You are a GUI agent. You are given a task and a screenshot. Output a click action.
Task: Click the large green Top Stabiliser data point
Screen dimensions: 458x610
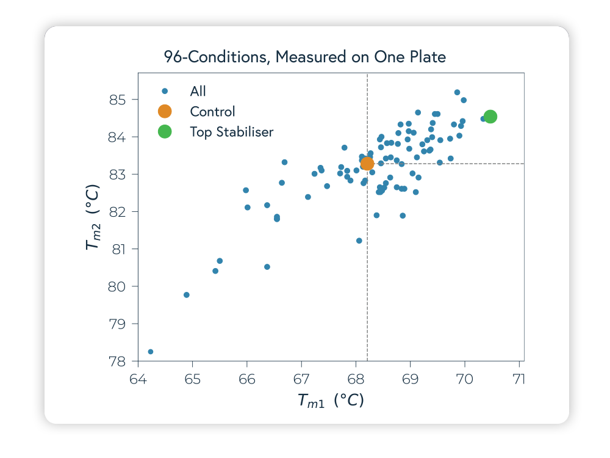click(x=490, y=116)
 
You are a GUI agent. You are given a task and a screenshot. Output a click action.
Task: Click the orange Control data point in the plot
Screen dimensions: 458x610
click(x=367, y=164)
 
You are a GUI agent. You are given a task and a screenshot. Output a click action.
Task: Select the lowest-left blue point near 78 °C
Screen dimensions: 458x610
click(x=151, y=352)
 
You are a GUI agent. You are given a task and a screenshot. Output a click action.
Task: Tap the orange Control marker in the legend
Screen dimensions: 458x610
click(x=165, y=111)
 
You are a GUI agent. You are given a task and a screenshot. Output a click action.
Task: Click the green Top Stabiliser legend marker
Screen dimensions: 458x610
click(x=165, y=131)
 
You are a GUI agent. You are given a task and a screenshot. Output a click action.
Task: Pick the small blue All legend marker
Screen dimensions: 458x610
click(x=165, y=91)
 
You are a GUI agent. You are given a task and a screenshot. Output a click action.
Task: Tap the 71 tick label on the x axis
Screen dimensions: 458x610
click(x=519, y=379)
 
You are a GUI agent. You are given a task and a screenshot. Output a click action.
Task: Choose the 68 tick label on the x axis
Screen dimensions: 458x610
click(x=356, y=379)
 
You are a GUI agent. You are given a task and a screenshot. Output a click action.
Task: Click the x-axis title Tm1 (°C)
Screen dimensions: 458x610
click(x=331, y=401)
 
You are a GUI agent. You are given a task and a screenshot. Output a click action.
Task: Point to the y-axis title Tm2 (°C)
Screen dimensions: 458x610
click(x=93, y=217)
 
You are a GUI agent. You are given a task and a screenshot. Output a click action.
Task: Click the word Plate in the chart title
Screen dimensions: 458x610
click(x=427, y=57)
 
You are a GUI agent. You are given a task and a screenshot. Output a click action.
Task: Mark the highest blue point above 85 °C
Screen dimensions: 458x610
click(x=457, y=92)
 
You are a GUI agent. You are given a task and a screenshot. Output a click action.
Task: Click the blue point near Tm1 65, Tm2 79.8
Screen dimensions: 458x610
click(x=187, y=295)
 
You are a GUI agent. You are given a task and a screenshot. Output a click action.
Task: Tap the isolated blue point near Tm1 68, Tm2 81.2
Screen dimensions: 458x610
click(x=359, y=241)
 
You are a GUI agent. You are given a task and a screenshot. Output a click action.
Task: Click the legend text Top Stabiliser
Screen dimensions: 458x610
click(x=232, y=131)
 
